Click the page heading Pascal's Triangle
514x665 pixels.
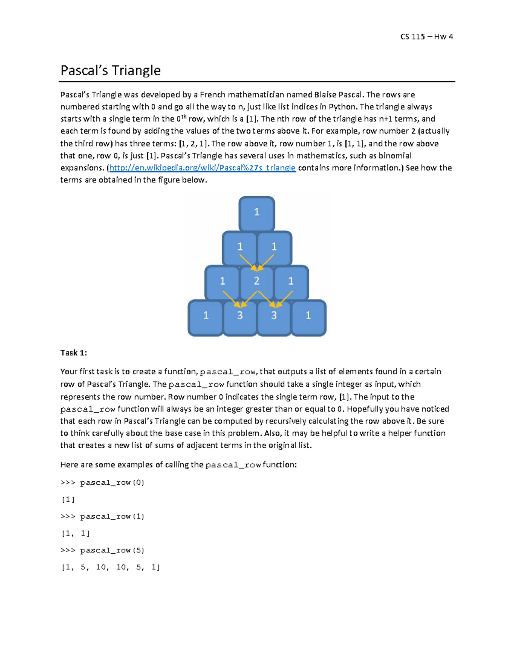coord(111,70)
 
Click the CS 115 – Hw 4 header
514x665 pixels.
coord(426,37)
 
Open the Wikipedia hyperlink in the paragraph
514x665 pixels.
coord(202,168)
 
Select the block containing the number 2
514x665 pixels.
coord(257,281)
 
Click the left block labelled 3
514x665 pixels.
coord(240,316)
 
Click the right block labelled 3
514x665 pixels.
coord(274,316)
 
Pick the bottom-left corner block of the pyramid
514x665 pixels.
coord(206,316)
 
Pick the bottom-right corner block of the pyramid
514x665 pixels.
coord(308,316)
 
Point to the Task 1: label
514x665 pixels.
coord(74,353)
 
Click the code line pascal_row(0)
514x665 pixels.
coord(102,483)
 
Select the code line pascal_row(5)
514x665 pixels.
coord(102,550)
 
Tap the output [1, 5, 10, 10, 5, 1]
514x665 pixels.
coord(111,567)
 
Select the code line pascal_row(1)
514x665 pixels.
coord(102,516)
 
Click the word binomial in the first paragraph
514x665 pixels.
coord(394,155)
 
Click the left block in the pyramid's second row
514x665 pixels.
coord(240,247)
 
